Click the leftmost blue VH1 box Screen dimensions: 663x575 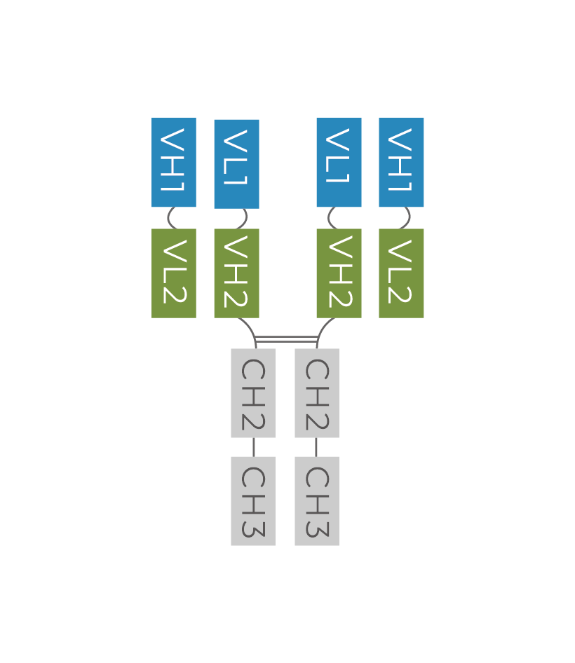pos(174,163)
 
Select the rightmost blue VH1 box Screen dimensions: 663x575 pos(401,163)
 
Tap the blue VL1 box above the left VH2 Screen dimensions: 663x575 pos(236,164)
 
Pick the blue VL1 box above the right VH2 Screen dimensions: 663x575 pos(339,163)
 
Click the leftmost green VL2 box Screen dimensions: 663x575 pos(174,273)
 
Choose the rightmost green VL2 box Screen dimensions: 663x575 pos(401,273)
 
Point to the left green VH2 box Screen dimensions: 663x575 pos(236,273)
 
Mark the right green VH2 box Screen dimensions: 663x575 pos(339,273)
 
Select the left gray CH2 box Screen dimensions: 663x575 pos(253,393)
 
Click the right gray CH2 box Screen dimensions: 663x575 pos(317,393)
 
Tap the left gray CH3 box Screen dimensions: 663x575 pos(253,501)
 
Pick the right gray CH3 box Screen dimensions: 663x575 pos(317,501)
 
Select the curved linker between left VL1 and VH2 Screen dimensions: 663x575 pos(245,218)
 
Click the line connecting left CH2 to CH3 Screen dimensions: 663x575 pos(253,447)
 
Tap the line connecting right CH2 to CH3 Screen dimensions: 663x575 pos(316,447)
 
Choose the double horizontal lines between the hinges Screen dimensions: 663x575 pos(286,340)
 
